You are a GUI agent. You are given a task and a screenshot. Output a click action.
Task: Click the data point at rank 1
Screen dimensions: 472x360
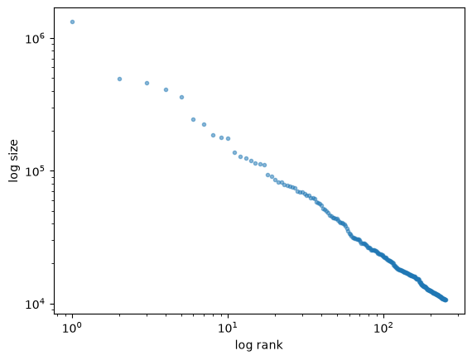pyautogui.click(x=72, y=22)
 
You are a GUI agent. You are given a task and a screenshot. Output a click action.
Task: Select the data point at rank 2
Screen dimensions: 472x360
pyautogui.click(x=119, y=79)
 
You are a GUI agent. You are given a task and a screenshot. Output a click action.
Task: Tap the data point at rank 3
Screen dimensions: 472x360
pyautogui.click(x=147, y=84)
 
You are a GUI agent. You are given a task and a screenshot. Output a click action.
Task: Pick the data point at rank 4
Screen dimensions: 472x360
pyautogui.click(x=166, y=90)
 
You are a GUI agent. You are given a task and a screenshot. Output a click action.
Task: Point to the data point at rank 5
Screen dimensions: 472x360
pyautogui.click(x=181, y=98)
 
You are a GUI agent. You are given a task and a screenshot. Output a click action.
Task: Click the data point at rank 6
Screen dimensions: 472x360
pyautogui.click(x=193, y=120)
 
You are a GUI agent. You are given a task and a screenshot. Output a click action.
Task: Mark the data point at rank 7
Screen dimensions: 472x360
pyautogui.click(x=204, y=124)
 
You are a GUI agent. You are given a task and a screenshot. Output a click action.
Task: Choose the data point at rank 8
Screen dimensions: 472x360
pyautogui.click(x=213, y=136)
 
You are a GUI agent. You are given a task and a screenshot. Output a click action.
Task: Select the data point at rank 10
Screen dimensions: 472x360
pyautogui.click(x=229, y=139)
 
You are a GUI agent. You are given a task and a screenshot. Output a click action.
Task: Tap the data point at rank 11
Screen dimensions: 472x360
pyautogui.click(x=235, y=153)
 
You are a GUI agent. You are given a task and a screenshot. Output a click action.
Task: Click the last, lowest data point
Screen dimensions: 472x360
pyautogui.click(x=446, y=300)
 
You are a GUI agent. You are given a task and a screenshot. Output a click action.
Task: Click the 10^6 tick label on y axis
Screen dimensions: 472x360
pyautogui.click(x=35, y=39)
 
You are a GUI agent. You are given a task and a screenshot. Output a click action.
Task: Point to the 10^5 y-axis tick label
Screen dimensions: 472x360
pyautogui.click(x=35, y=171)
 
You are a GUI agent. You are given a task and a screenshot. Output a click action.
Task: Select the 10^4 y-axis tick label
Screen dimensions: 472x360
pyautogui.click(x=35, y=304)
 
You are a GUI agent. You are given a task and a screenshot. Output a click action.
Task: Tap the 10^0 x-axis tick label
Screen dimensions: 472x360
pyautogui.click(x=72, y=328)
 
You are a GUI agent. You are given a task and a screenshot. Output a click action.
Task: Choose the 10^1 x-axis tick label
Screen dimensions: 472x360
pyautogui.click(x=228, y=328)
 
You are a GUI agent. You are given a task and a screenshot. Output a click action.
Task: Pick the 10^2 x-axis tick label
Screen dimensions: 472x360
pyautogui.click(x=383, y=328)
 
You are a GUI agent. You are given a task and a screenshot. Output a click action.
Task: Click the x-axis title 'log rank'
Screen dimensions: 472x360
pyautogui.click(x=259, y=345)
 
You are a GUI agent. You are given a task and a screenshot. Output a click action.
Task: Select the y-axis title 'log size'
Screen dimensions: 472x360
pyautogui.click(x=13, y=161)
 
